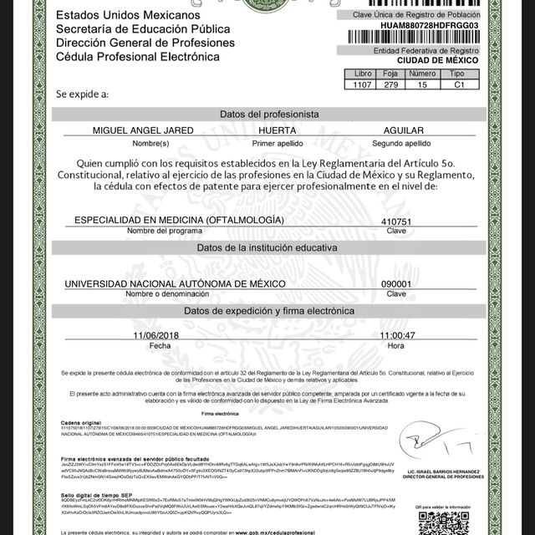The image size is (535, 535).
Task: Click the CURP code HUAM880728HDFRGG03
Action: pyautogui.click(x=431, y=25)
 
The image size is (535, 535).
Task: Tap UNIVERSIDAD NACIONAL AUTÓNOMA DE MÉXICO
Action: pyautogui.click(x=175, y=283)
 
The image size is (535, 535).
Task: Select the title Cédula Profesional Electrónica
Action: pyautogui.click(x=137, y=57)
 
